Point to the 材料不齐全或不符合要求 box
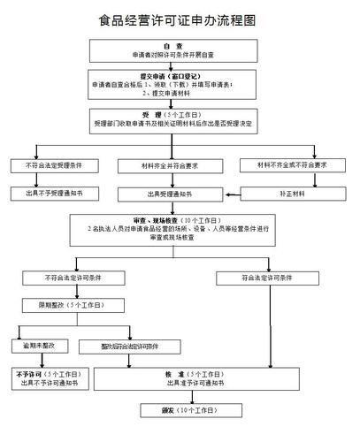coord(296,165)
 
